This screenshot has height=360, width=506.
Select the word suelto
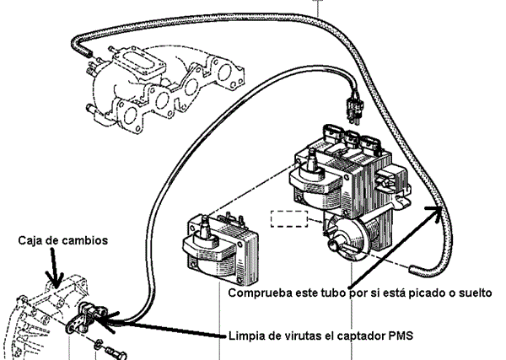pos(467,293)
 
